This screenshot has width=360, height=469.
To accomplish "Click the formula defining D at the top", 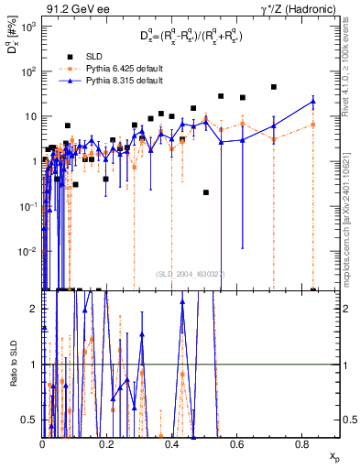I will (191, 37).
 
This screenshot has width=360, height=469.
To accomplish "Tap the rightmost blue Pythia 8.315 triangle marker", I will (313, 102).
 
